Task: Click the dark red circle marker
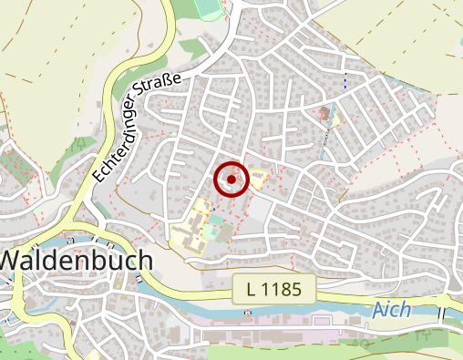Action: [x=231, y=180]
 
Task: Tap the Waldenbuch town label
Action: [x=75, y=260]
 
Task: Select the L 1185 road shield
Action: [x=273, y=290]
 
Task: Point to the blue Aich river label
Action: [x=392, y=310]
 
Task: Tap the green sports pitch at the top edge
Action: [x=209, y=8]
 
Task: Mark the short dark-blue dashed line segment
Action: [x=345, y=78]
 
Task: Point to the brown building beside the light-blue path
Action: [x=324, y=115]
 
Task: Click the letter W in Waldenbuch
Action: [x=11, y=260]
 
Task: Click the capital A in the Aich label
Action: [x=379, y=310]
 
